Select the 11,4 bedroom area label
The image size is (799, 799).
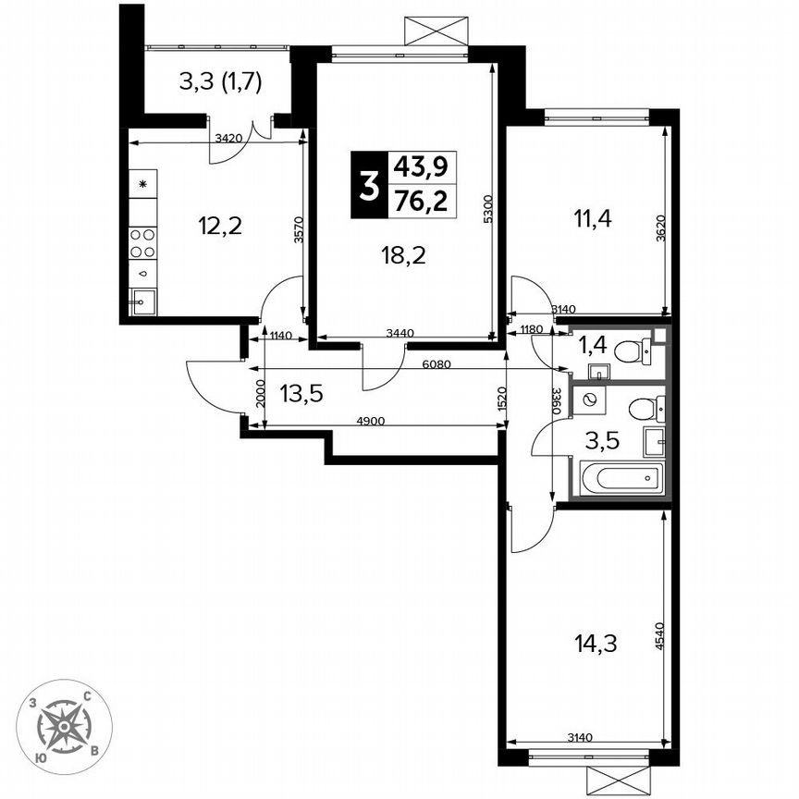(x=591, y=219)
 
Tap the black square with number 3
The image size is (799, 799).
(x=368, y=183)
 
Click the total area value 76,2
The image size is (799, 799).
(x=421, y=201)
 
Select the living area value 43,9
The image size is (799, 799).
(x=421, y=166)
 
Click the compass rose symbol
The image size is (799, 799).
(x=66, y=726)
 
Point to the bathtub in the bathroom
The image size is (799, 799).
(x=621, y=479)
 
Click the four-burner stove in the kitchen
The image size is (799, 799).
(x=142, y=243)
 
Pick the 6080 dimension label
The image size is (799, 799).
(x=436, y=364)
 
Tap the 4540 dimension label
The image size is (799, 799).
(x=659, y=638)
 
